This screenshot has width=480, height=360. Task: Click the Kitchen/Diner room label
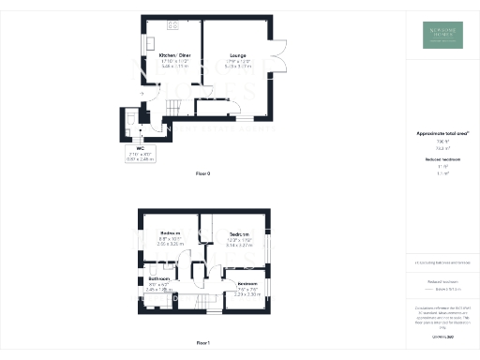pyautogui.click(x=172, y=56)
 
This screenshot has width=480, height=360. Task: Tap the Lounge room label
pyautogui.click(x=237, y=56)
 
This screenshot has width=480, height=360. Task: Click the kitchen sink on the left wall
pyautogui.click(x=148, y=44)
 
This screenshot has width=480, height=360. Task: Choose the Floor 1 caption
pyautogui.click(x=203, y=344)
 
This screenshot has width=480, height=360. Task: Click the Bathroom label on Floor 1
pyautogui.click(x=158, y=279)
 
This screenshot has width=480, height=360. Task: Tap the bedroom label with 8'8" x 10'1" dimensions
pyautogui.click(x=170, y=232)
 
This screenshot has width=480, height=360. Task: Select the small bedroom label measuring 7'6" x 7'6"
pyautogui.click(x=247, y=284)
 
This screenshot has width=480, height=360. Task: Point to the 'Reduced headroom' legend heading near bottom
pyautogui.click(x=442, y=280)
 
